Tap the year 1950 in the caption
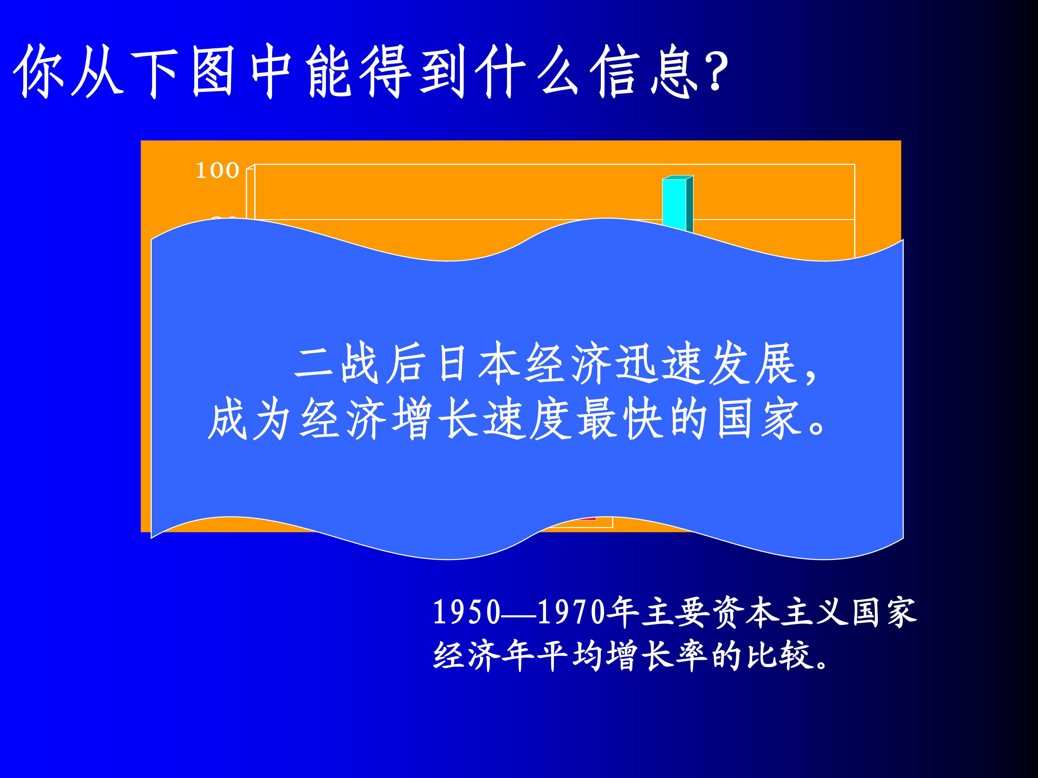[466, 612]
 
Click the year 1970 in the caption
[571, 612]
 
